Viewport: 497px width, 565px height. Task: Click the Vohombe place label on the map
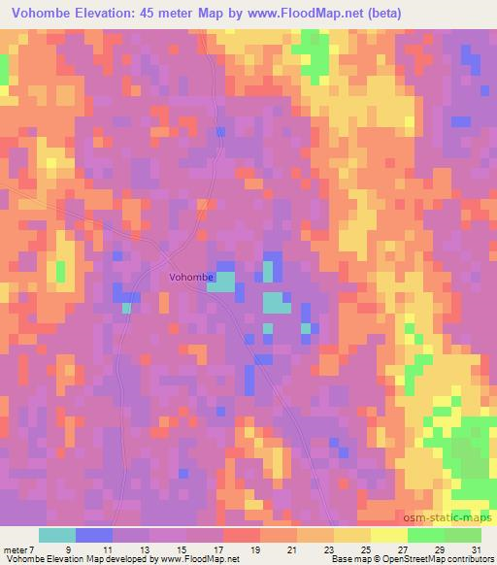[x=190, y=277]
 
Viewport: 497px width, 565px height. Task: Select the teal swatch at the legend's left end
[x=57, y=535]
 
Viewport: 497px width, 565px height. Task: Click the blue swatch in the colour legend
[x=94, y=535]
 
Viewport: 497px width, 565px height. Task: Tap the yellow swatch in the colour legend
[x=352, y=535]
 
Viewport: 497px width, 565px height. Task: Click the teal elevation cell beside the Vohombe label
[x=225, y=282]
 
